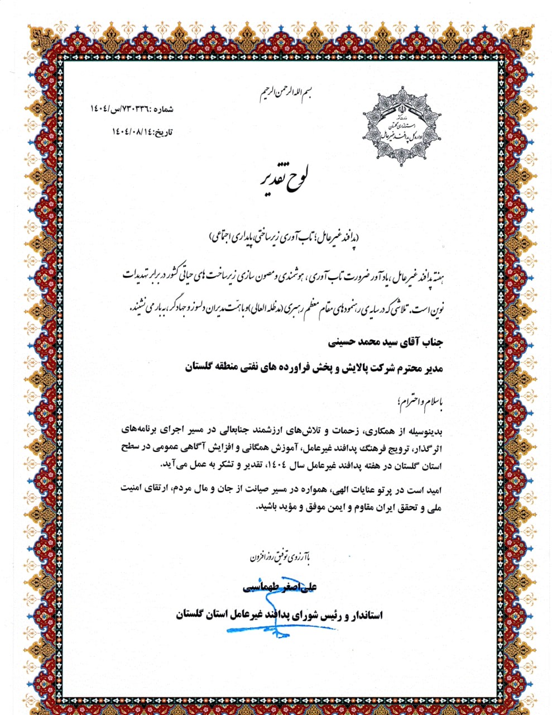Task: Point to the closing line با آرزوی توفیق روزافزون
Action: (280, 556)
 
